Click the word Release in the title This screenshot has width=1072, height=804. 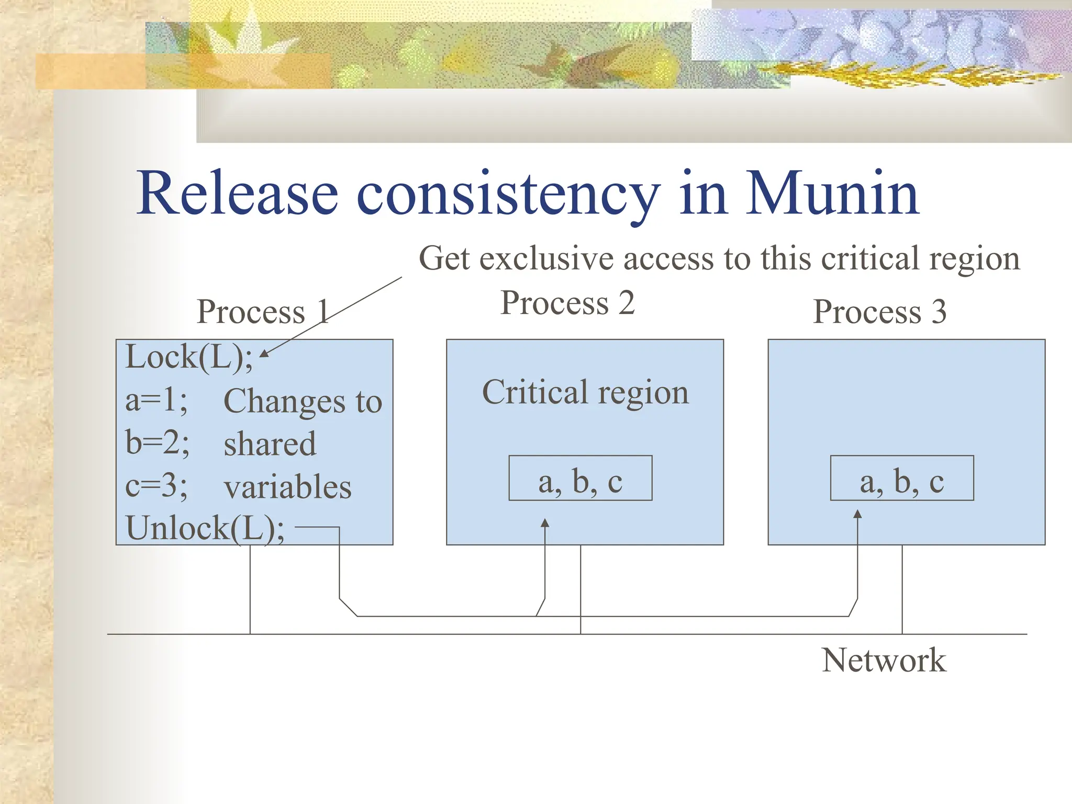tap(237, 194)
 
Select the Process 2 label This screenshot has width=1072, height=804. tap(567, 303)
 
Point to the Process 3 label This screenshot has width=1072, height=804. tap(879, 312)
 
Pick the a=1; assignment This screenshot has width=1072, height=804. tap(156, 400)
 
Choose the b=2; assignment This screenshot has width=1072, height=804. tap(157, 443)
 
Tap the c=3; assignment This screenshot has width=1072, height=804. tap(156, 486)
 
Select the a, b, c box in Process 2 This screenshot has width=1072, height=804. tap(580, 478)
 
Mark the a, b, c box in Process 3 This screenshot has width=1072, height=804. tap(901, 478)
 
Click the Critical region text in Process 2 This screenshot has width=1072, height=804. tap(585, 393)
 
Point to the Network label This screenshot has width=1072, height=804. tap(884, 660)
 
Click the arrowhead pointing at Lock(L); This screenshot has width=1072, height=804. tap(264, 354)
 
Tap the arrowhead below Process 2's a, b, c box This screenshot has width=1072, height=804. tap(545, 522)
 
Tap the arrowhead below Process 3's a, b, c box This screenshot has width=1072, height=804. tap(857, 514)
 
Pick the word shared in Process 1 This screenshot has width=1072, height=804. tap(270, 444)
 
